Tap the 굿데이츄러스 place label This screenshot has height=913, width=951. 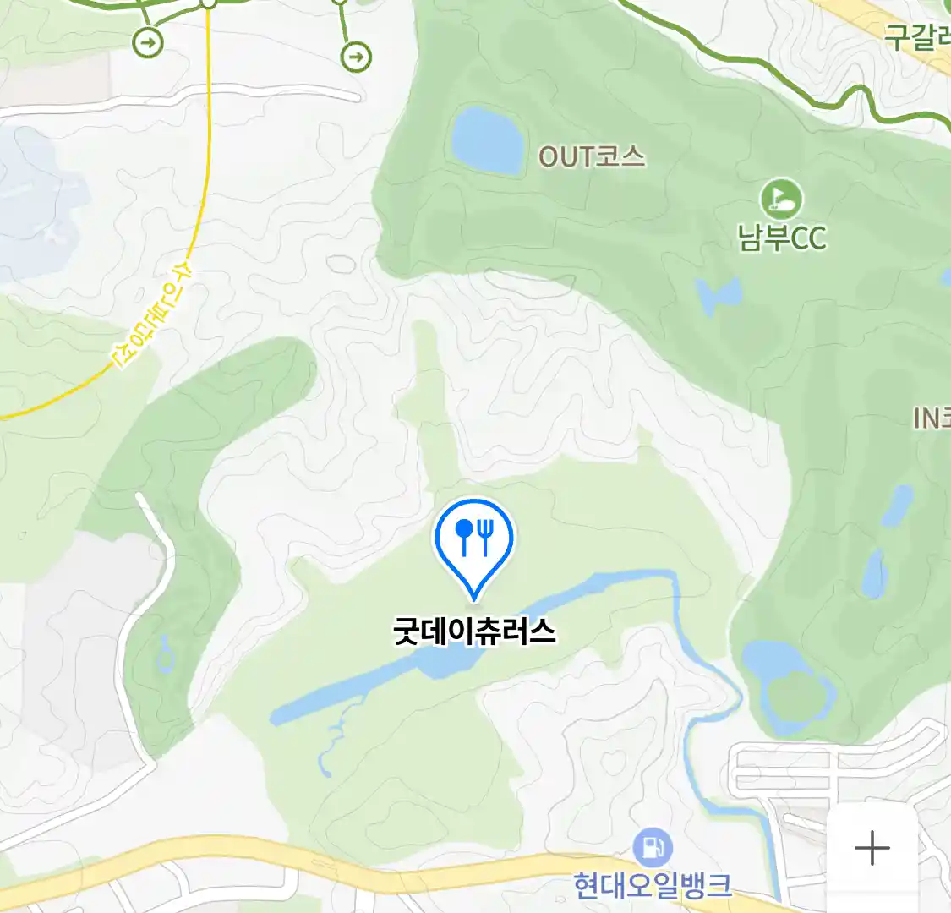click(474, 631)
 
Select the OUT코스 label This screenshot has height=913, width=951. click(592, 156)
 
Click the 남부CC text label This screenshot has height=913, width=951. click(782, 238)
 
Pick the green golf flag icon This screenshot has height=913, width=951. click(781, 199)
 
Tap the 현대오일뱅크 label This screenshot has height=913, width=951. click(653, 886)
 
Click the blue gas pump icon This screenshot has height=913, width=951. click(653, 846)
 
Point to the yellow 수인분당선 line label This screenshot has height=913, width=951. click(153, 315)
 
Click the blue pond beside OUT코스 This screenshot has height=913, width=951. click(487, 139)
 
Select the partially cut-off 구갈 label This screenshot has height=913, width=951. click(916, 36)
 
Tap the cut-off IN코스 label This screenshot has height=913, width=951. click(932, 418)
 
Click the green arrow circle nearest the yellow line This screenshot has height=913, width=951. click(148, 42)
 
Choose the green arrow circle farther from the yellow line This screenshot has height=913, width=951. click(356, 57)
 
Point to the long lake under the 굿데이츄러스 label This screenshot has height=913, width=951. click(380, 685)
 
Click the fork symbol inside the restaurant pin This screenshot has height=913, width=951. click(485, 534)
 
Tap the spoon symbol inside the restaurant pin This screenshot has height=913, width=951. click(463, 534)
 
